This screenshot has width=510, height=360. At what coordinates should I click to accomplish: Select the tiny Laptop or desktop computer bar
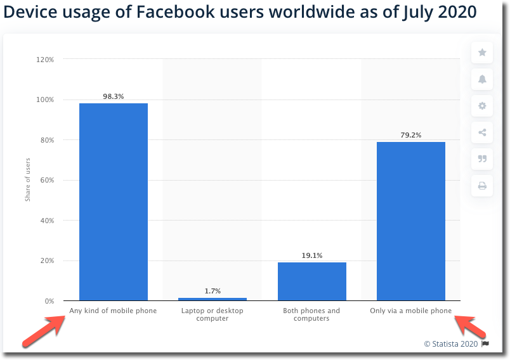click(x=213, y=299)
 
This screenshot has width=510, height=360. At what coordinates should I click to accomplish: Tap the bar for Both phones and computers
click(x=311, y=281)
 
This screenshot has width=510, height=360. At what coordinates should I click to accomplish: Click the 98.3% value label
click(x=114, y=96)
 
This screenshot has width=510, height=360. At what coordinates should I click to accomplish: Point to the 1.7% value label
click(x=213, y=291)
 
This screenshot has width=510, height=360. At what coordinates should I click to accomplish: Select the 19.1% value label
click(x=311, y=255)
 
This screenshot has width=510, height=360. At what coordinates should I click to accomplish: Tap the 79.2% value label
click(x=410, y=135)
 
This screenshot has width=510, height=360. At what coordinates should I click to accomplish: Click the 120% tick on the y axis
click(x=45, y=60)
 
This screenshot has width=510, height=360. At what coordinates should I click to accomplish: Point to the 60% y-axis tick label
click(x=46, y=181)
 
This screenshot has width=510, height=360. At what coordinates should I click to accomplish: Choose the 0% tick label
click(x=49, y=301)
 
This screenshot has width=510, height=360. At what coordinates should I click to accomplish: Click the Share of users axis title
click(x=28, y=181)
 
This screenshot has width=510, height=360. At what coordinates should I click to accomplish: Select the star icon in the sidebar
click(x=482, y=53)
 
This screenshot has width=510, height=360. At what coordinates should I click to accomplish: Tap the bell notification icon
click(x=482, y=79)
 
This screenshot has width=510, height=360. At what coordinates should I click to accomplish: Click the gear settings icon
click(x=482, y=106)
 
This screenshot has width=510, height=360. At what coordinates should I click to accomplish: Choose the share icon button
click(x=482, y=132)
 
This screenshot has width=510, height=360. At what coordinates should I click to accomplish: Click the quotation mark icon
click(x=482, y=159)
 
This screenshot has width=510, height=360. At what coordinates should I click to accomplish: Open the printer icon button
click(x=482, y=186)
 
